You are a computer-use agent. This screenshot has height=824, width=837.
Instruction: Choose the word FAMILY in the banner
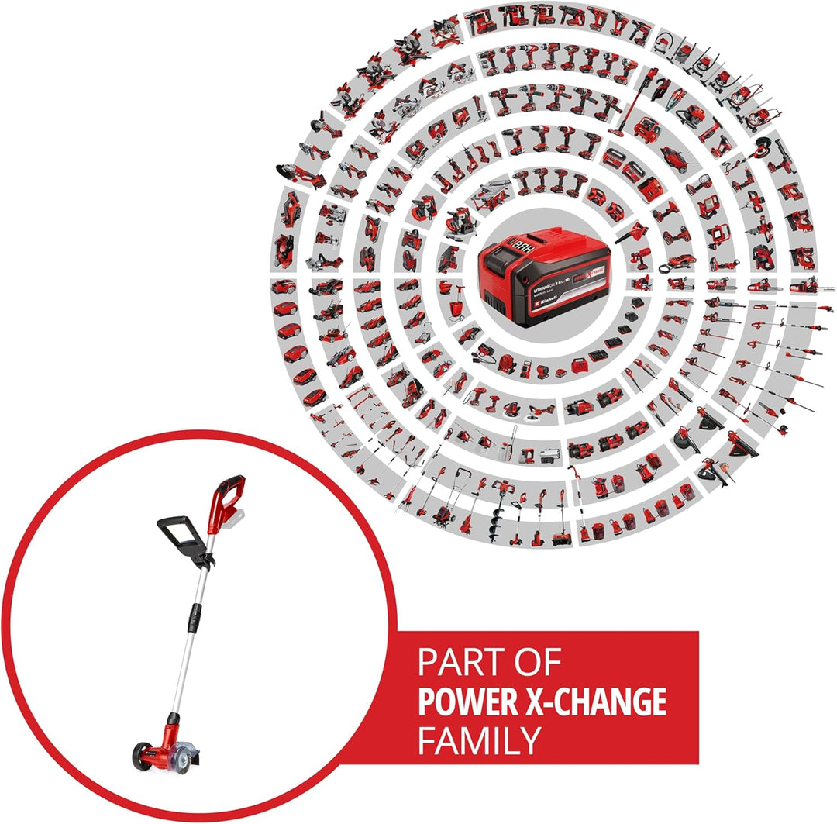coord(478,740)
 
